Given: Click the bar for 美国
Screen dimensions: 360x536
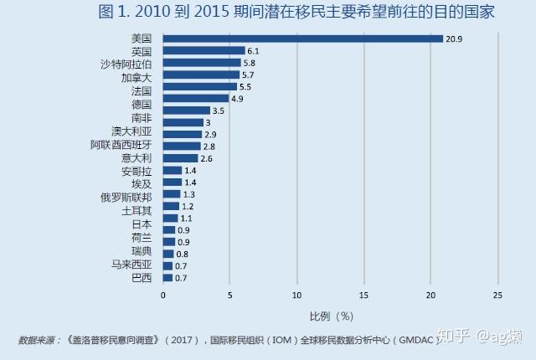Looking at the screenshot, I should point(302,39).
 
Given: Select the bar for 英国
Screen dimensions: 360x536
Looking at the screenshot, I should point(204,50).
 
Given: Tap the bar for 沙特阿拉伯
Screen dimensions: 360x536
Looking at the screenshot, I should point(202,63).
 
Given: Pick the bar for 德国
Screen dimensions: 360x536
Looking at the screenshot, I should point(196,98).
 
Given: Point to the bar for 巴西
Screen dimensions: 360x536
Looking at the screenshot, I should point(167,277).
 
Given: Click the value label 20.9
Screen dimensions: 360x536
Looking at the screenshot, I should point(454,39).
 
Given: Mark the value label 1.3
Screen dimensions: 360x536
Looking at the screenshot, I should point(189,194).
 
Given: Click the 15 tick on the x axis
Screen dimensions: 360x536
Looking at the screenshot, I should point(363,295).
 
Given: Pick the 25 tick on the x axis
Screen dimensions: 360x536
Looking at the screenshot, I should point(497,295).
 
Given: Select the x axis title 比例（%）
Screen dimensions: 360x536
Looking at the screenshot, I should point(332,316).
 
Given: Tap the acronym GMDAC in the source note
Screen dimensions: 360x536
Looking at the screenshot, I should point(415,340).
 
